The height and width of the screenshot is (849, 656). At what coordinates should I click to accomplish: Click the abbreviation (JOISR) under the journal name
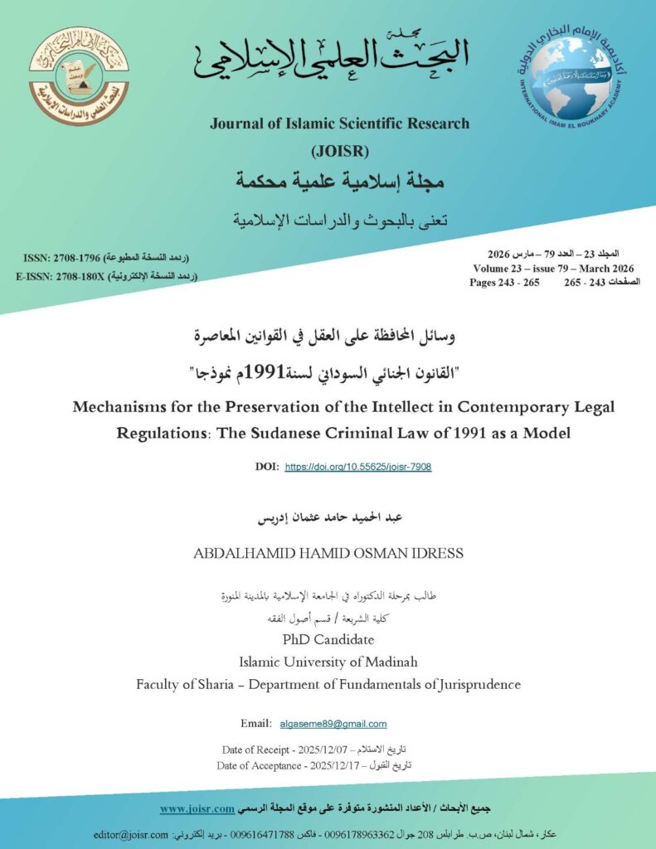pos(339,152)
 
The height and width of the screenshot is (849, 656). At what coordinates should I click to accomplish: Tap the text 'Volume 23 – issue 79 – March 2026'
pos(554,269)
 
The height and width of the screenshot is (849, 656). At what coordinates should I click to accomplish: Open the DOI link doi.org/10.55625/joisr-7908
pos(358,467)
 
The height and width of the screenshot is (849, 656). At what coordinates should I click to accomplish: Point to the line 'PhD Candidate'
pos(328,640)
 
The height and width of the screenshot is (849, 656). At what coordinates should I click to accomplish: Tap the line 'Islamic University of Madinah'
pos(328,662)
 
